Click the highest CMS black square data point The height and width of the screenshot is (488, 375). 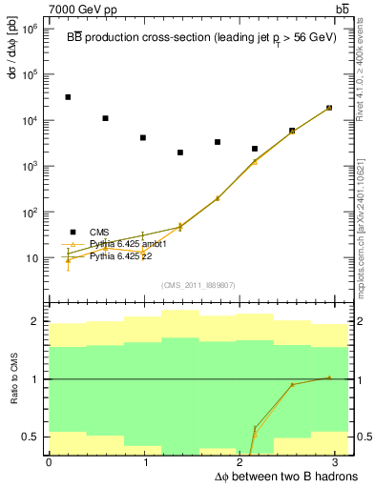(68, 97)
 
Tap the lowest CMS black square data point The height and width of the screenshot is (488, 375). (180, 152)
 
